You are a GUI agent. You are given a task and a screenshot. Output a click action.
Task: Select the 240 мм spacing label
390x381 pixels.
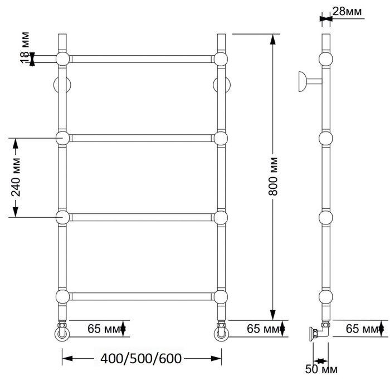click(16, 177)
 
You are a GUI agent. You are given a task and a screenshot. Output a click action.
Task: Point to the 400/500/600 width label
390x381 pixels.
click(142, 358)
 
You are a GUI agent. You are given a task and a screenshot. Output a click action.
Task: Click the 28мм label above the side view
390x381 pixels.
click(347, 11)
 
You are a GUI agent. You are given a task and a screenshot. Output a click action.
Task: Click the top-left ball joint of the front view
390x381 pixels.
click(62, 59)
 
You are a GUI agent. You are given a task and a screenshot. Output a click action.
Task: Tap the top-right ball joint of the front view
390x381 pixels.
click(221, 59)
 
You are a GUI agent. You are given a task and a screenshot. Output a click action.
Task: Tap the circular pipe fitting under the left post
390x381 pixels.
click(61, 334)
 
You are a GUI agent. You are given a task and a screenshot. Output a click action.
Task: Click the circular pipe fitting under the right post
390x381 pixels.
click(221, 334)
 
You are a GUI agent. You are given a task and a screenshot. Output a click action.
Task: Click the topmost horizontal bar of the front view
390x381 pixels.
click(142, 58)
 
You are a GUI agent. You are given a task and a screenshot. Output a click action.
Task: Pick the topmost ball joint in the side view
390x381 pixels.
click(325, 59)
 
